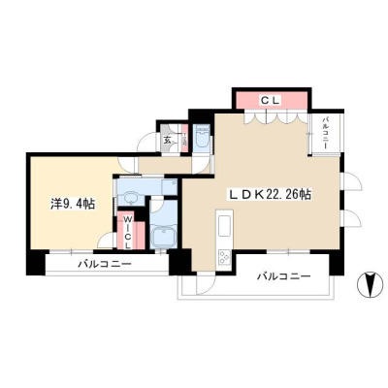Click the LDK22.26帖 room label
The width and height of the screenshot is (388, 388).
(x=270, y=194)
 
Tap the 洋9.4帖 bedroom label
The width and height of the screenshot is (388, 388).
(x=73, y=204)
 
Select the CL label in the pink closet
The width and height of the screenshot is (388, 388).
(x=270, y=101)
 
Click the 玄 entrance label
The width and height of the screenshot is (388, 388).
(x=167, y=140)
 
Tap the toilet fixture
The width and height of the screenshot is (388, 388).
(x=203, y=137)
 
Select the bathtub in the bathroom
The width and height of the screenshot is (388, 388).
(x=164, y=237)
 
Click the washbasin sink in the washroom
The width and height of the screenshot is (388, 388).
(x=131, y=198)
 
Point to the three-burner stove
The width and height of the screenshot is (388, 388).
(x=225, y=257)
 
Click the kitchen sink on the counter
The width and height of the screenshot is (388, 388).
(x=224, y=226)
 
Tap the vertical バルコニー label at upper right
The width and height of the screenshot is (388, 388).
(x=325, y=133)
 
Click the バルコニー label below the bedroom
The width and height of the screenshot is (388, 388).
(x=105, y=265)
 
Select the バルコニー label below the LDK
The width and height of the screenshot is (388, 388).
(x=284, y=276)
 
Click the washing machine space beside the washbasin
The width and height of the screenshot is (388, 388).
(x=169, y=187)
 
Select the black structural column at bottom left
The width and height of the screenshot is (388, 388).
(x=36, y=262)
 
